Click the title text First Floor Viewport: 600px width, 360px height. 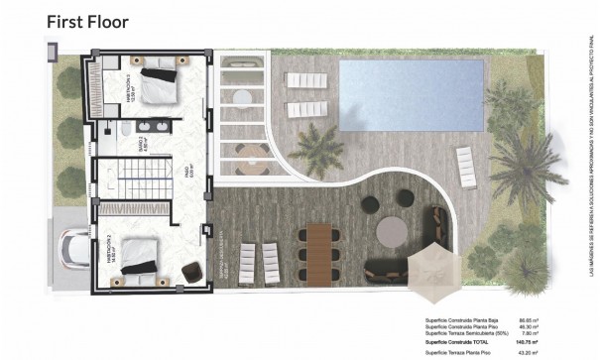(87, 20)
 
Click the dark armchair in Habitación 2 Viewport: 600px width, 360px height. (188, 268)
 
